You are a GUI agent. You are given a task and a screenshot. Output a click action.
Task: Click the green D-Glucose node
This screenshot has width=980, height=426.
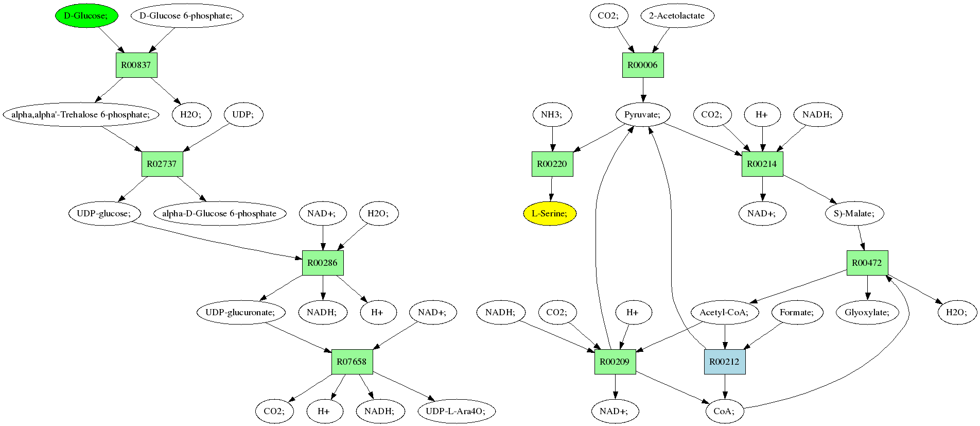click(x=86, y=15)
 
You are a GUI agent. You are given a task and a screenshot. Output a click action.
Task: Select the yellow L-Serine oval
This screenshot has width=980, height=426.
click(x=550, y=213)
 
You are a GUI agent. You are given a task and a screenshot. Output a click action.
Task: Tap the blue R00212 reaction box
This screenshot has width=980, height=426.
click(x=725, y=362)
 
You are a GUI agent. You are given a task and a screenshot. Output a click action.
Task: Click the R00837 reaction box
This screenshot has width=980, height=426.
click(x=136, y=65)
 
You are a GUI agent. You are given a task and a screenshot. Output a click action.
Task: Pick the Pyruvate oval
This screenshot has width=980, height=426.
click(x=642, y=114)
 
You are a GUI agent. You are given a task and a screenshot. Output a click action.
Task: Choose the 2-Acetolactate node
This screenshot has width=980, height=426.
click(x=677, y=15)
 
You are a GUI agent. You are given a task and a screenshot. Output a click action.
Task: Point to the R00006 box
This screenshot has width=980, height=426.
click(x=643, y=65)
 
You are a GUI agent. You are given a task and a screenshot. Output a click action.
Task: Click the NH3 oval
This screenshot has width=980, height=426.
click(x=552, y=114)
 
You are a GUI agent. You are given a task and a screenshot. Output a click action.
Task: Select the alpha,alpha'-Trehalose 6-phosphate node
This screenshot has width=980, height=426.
click(x=81, y=114)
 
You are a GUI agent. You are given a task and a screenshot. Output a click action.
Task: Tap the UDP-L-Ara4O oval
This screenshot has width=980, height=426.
click(x=456, y=411)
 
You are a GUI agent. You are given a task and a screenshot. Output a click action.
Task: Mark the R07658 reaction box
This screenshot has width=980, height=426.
click(x=352, y=362)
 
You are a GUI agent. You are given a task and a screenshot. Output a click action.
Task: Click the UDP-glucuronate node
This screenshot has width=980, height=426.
click(x=240, y=312)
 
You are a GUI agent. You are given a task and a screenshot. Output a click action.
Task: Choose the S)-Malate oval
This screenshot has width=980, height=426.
click(x=854, y=213)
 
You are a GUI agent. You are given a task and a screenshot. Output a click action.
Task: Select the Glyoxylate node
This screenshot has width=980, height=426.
click(x=867, y=312)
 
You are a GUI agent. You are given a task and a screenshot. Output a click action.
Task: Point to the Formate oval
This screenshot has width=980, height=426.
click(x=797, y=312)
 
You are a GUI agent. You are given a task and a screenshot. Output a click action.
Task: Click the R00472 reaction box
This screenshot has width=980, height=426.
click(x=867, y=263)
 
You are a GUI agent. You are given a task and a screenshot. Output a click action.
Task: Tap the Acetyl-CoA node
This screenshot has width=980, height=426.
click(x=725, y=312)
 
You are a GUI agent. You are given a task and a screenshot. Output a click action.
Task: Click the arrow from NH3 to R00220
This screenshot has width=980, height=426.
click(x=552, y=139)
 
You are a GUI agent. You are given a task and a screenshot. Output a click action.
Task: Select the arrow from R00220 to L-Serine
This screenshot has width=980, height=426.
click(x=551, y=189)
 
